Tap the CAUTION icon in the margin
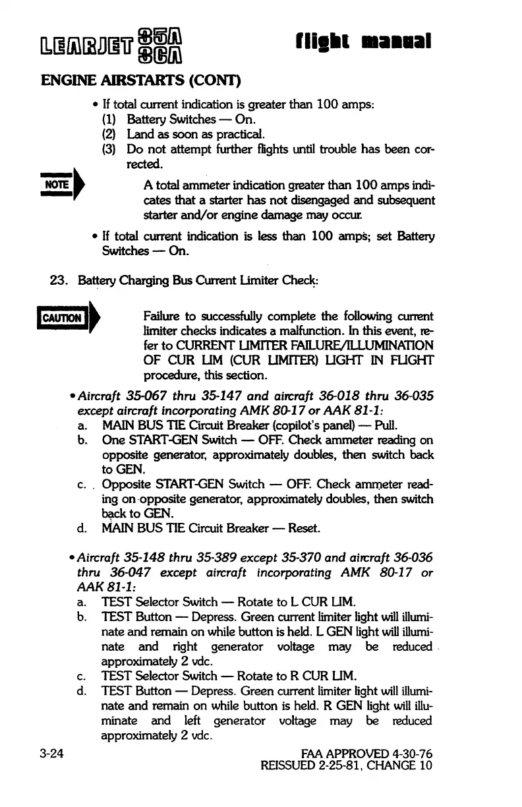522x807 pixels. coord(65,318)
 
